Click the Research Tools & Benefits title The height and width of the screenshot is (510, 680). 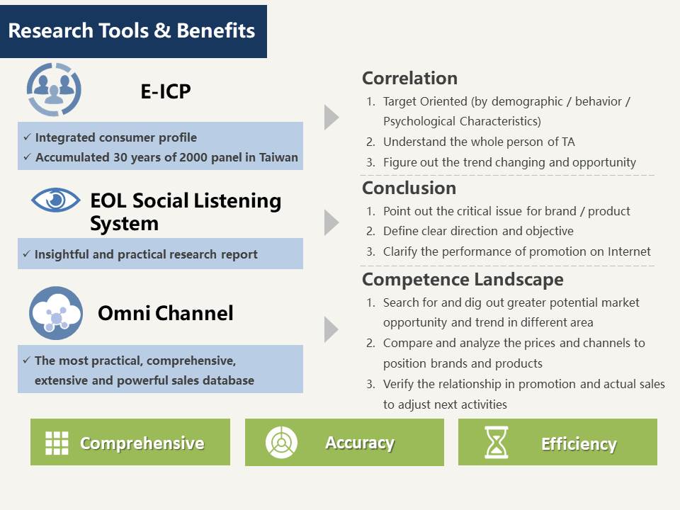pyautogui.click(x=132, y=30)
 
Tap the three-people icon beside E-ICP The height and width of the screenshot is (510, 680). pyautogui.click(x=54, y=89)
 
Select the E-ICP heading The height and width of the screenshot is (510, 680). pyautogui.click(x=166, y=91)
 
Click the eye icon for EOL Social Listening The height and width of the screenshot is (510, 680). pyautogui.click(x=55, y=200)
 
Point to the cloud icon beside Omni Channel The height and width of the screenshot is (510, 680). pyautogui.click(x=56, y=312)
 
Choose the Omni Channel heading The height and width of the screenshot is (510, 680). pyautogui.click(x=166, y=313)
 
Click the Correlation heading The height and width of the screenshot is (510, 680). pyautogui.click(x=410, y=78)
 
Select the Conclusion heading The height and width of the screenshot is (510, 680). pyautogui.click(x=409, y=188)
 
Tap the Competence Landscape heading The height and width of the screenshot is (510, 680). pyautogui.click(x=463, y=279)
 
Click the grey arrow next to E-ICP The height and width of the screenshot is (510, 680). pyautogui.click(x=331, y=117)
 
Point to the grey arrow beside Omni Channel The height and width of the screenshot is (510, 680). pyautogui.click(x=331, y=329)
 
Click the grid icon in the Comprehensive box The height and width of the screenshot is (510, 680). pyautogui.click(x=57, y=443)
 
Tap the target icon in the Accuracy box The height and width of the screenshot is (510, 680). pyautogui.click(x=281, y=442)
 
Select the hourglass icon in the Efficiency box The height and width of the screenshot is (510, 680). pyautogui.click(x=496, y=442)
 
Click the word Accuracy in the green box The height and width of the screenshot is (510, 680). pyautogui.click(x=360, y=443)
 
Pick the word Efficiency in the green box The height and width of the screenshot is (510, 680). pyautogui.click(x=579, y=443)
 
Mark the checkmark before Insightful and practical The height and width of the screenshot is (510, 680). pyautogui.click(x=27, y=254)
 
